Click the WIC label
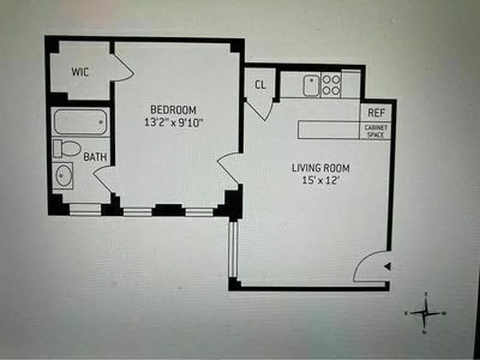tap(80, 72)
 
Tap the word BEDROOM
tap(173, 109)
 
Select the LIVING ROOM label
tap(320, 168)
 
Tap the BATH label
tap(95, 157)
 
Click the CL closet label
tap(260, 85)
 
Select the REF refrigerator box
tap(375, 112)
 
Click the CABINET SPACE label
tap(375, 131)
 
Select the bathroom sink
tap(63, 176)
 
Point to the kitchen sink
tap(311, 85)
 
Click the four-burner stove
tap(332, 85)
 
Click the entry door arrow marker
tap(387, 267)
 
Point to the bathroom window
tap(85, 209)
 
